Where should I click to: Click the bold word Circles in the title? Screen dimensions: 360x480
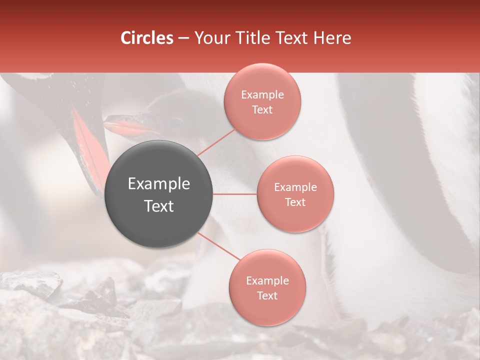pyautogui.click(x=147, y=38)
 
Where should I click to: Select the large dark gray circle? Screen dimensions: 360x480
pyautogui.click(x=159, y=194)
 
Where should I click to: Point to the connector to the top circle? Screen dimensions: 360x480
pyautogui.click(x=216, y=142)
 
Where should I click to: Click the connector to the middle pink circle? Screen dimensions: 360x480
pyautogui.click(x=234, y=193)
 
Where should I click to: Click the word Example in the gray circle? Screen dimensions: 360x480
pyautogui.click(x=159, y=184)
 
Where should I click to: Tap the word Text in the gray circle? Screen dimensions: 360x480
pyautogui.click(x=159, y=206)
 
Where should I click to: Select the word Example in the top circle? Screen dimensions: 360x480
pyautogui.click(x=262, y=95)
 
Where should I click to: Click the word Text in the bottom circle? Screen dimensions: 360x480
pyautogui.click(x=267, y=295)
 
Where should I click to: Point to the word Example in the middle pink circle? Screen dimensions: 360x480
pyautogui.click(x=295, y=187)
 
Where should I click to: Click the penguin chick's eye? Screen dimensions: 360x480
pyautogui.click(x=176, y=121)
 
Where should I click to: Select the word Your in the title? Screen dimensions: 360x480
pyautogui.click(x=207, y=38)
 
